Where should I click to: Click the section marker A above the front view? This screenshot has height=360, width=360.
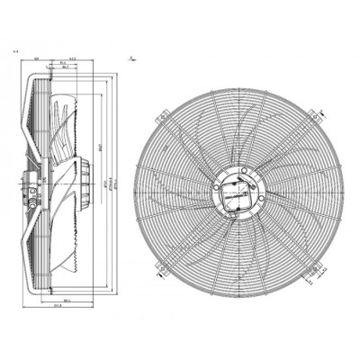(132, 58)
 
